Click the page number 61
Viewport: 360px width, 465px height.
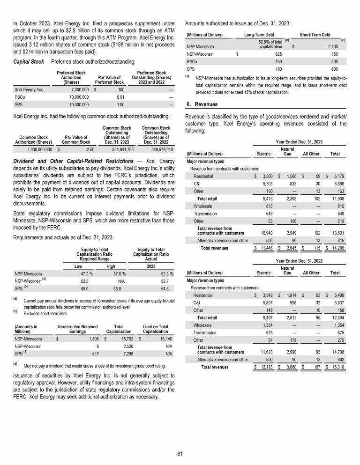pyautogui.click(x=180, y=453)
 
